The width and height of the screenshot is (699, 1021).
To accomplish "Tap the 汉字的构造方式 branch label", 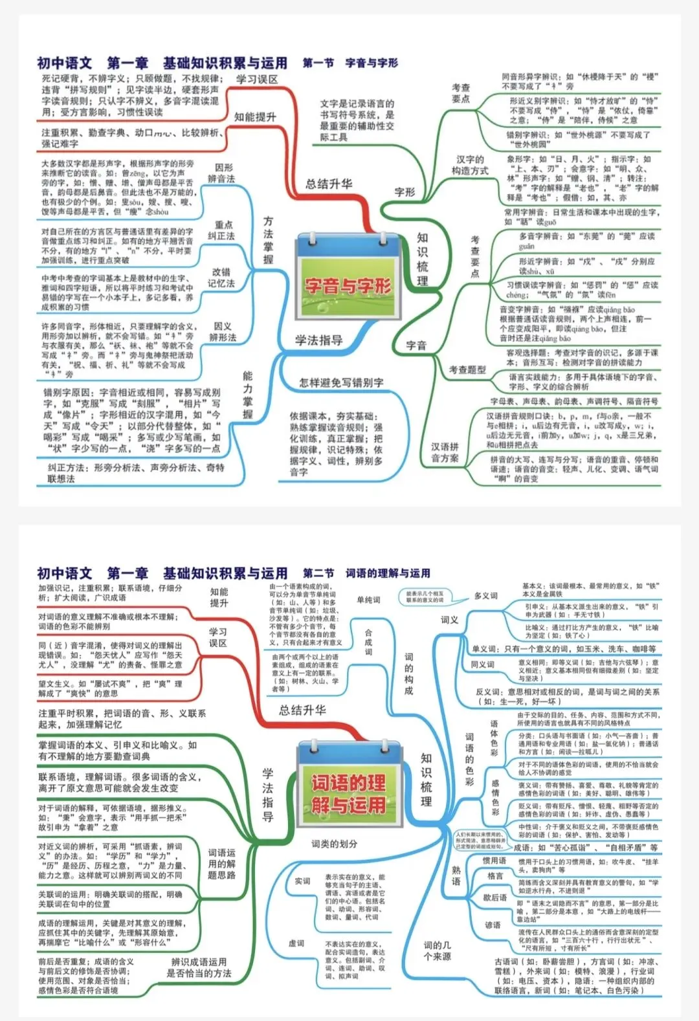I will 470,165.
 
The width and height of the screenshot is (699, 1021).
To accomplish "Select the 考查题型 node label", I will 467,369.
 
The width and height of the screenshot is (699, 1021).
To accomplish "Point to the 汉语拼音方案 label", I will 445,452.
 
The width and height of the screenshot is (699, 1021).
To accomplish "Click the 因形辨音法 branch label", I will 221,173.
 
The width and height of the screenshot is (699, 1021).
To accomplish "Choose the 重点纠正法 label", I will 221,230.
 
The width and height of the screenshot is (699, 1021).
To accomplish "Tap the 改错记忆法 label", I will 221,278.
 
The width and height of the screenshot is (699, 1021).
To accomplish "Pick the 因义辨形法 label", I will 223,332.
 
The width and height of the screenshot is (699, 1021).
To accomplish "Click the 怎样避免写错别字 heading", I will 341,382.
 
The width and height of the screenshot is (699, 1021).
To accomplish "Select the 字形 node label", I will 405,192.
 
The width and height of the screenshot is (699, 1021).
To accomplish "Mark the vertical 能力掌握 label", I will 248,395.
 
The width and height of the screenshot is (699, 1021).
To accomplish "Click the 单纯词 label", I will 368,600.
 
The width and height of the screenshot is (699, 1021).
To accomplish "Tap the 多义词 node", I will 485,595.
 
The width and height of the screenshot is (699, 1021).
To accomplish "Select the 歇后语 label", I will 494,897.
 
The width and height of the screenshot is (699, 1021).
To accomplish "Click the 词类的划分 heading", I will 334,844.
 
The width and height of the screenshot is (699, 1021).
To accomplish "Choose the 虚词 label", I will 296,943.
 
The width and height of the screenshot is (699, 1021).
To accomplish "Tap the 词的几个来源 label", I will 438,950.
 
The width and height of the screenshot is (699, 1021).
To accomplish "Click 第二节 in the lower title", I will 318,573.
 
